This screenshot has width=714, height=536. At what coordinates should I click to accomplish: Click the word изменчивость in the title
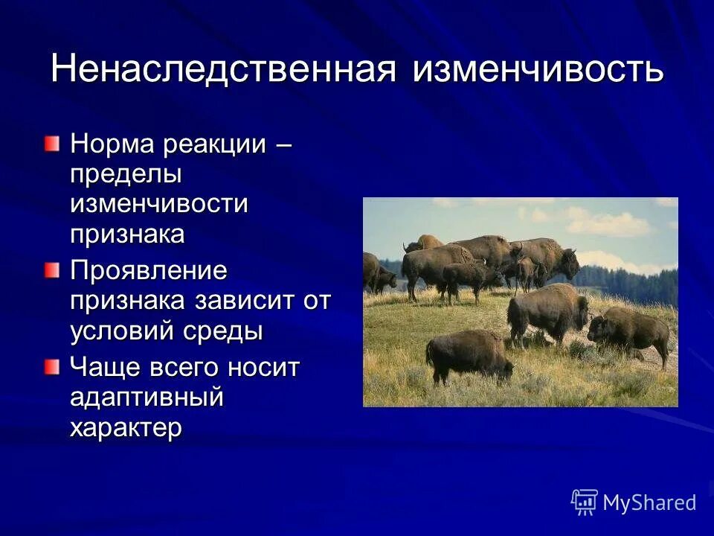pyautogui.click(x=537, y=69)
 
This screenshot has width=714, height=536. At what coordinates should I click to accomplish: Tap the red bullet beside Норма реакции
pyautogui.click(x=51, y=143)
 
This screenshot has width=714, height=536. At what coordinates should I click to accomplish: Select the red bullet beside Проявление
pyautogui.click(x=51, y=269)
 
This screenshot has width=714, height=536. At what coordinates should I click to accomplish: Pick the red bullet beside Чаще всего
pyautogui.click(x=51, y=366)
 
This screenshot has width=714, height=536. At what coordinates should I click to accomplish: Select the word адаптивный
pyautogui.click(x=147, y=398)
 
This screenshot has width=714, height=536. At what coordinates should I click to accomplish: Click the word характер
pyautogui.click(x=126, y=428)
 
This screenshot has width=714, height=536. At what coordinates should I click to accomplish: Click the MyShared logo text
pyautogui.click(x=649, y=502)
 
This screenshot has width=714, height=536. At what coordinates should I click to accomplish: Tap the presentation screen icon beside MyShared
pyautogui.click(x=585, y=502)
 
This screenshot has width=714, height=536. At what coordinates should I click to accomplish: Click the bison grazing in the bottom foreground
pyautogui.click(x=469, y=356)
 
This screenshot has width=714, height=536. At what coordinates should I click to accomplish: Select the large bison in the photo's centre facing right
pyautogui.click(x=547, y=313)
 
